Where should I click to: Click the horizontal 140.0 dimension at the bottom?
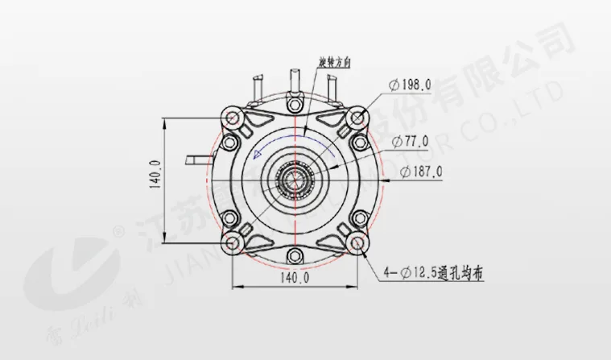click(x=295, y=278)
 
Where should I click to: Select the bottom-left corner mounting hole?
click(x=233, y=243)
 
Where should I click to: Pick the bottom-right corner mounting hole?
click(x=357, y=243)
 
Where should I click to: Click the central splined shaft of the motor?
click(x=295, y=181)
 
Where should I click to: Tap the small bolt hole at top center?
click(x=295, y=101)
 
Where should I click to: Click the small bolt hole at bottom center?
click(x=295, y=259)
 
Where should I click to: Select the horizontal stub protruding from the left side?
click(x=196, y=159)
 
